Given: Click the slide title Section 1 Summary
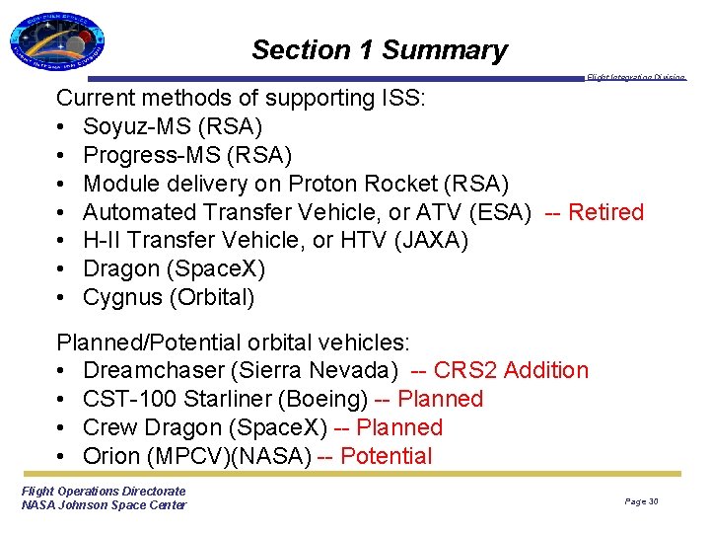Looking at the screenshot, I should click(379, 49).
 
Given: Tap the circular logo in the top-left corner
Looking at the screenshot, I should click(56, 43).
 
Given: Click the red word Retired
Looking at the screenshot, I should click(605, 212).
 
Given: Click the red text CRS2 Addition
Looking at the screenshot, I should click(511, 370).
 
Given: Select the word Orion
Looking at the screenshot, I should click(110, 456).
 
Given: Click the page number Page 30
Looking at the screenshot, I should click(641, 501).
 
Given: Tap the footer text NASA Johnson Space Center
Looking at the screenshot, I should click(104, 505).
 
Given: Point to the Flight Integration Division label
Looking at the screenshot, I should click(635, 78).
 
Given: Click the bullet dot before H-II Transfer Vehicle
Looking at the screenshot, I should click(62, 241).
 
